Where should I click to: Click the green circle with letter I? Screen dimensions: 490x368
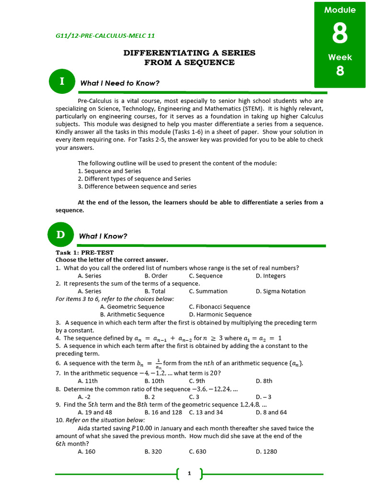(x=61, y=81)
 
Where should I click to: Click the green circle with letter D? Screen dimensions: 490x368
(x=61, y=234)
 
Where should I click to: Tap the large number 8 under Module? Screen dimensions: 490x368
(x=340, y=33)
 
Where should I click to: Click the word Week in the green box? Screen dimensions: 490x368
(x=340, y=57)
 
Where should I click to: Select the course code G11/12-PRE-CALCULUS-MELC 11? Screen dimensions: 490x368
(x=105, y=36)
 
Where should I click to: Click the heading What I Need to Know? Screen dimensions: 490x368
(x=120, y=83)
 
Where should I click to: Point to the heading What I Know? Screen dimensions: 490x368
(x=103, y=236)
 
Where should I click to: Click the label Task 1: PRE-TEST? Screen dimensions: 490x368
(x=84, y=252)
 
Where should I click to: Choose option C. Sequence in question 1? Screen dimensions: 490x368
(x=206, y=276)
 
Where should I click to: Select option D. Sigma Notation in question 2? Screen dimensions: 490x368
(x=280, y=291)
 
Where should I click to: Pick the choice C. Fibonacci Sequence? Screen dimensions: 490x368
(x=219, y=307)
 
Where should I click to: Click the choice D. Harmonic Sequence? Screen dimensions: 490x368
(x=220, y=314)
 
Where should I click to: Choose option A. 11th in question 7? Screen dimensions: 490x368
(x=88, y=381)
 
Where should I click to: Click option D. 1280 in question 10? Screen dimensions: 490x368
(x=266, y=451)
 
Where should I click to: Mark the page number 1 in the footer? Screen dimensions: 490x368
(x=189, y=474)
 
